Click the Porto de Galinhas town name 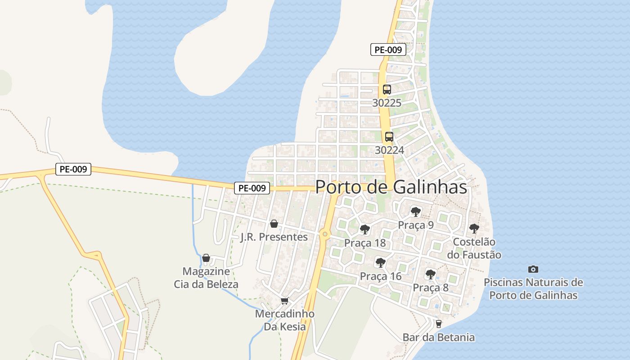pos(391,187)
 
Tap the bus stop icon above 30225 pos(387,89)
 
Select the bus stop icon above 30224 pos(389,136)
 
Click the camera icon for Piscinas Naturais pos(533,269)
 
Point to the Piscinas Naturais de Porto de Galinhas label pos(533,289)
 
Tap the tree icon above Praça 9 pos(415,211)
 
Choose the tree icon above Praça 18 pos(365,229)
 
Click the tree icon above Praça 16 pos(381,262)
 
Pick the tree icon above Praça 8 pos(431,274)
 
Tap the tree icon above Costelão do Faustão pos(474,228)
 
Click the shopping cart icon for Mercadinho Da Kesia pos(284,301)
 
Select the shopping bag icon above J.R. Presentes pos(274,224)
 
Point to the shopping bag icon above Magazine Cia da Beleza pos(206,258)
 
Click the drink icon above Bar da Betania pos(438,324)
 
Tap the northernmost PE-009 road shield pos(388,49)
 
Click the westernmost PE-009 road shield pos(73,169)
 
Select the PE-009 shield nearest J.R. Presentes pos(252,188)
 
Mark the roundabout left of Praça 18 pos(325,234)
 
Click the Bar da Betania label pos(438,337)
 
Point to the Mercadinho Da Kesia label pos(284,320)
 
